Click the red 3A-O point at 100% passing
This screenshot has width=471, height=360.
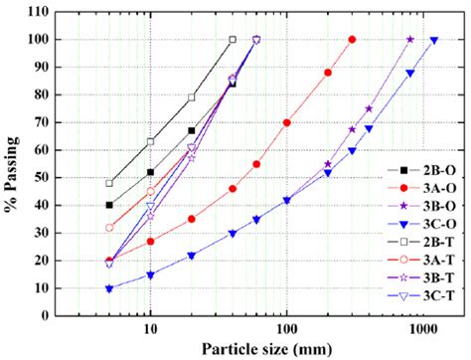[x=352, y=40]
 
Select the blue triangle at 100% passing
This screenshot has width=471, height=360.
[x=434, y=41]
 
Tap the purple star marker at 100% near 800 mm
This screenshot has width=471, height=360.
[x=410, y=40]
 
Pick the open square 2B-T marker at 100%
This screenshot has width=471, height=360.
[x=233, y=40]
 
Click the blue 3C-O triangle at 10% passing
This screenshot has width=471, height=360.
[x=109, y=288]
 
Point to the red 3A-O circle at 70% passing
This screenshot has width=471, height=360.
[x=286, y=122]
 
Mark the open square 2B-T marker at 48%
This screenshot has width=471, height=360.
[x=109, y=183]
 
